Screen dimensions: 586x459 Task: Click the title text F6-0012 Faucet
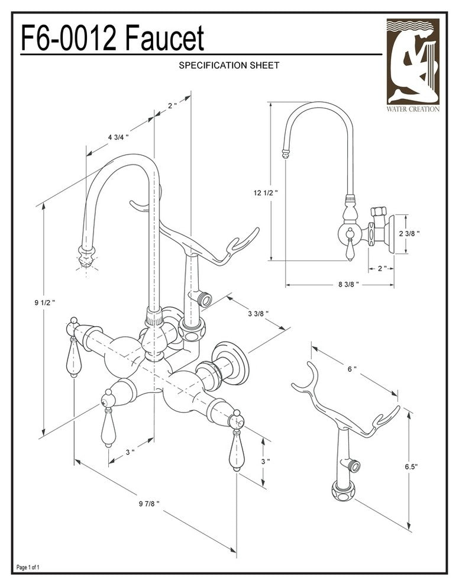coord(112,39)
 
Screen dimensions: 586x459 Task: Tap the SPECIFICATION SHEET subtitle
coord(229,66)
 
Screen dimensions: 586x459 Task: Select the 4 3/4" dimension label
coord(118,137)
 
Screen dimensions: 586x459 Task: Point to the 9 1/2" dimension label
coord(45,302)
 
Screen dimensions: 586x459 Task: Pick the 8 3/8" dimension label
coord(349,285)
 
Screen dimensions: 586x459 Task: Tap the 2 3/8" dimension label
coord(409,233)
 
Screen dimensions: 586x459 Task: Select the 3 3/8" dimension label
coord(257,313)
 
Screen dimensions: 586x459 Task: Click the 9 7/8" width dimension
coord(148,503)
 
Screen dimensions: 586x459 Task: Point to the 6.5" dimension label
coord(411,466)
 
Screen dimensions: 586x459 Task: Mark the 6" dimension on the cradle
coord(352,369)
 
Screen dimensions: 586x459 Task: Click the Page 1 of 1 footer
coord(28,568)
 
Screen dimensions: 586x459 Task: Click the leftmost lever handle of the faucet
coord(73,355)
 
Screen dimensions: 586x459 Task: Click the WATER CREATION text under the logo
coord(413,109)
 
